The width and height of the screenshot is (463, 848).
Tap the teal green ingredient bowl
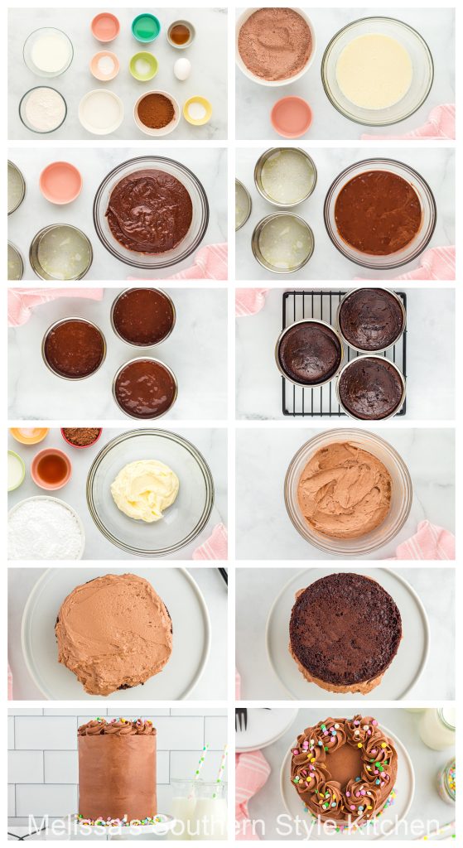[x=146, y=27]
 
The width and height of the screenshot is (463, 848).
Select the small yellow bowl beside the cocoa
[x=197, y=110]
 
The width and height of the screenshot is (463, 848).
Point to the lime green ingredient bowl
[x=143, y=66]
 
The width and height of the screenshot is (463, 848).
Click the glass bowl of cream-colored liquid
[x=377, y=71]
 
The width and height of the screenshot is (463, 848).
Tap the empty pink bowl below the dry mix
[x=291, y=117]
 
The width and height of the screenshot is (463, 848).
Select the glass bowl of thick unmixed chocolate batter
[x=150, y=211]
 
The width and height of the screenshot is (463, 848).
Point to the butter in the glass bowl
[x=144, y=489]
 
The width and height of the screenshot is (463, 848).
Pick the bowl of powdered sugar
[x=45, y=528]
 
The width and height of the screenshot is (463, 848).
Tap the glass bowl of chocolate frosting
[x=346, y=490]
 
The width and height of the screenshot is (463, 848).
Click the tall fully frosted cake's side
[x=117, y=774]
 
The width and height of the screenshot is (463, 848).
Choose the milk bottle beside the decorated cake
[x=436, y=728]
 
